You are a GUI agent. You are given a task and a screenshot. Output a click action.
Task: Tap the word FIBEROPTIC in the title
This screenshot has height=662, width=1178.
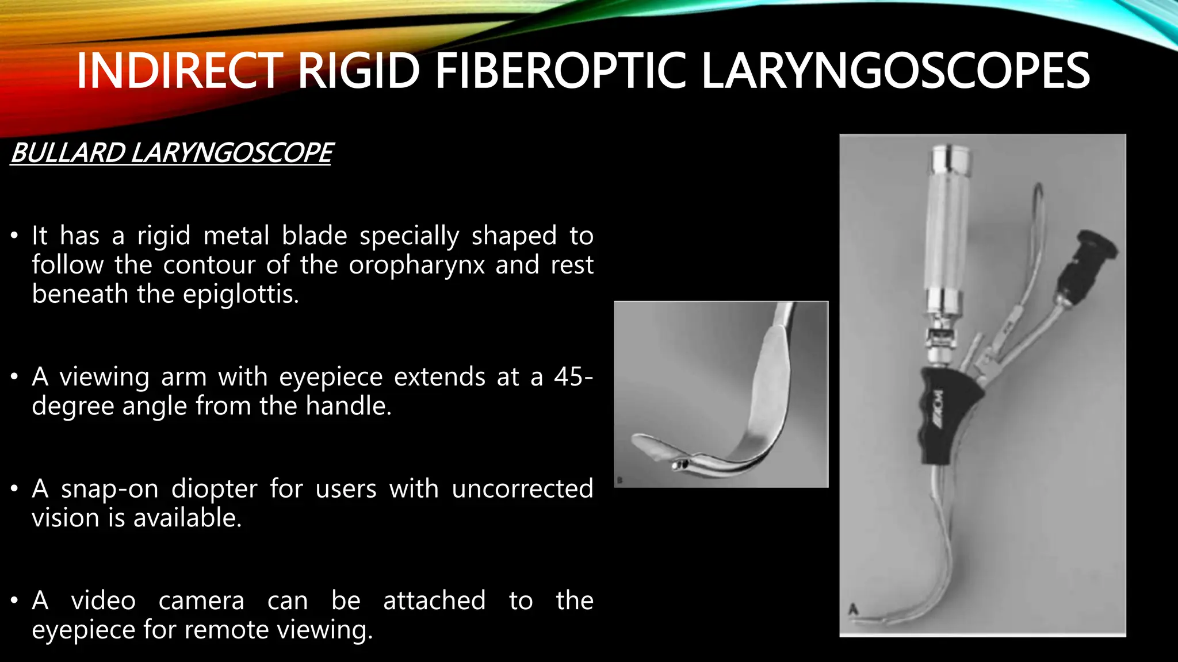tap(560, 71)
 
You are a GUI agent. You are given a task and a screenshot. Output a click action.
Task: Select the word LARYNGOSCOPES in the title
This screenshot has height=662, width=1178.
tap(895, 71)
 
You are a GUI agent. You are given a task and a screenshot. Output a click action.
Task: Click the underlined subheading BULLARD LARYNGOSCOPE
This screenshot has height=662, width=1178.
tap(171, 153)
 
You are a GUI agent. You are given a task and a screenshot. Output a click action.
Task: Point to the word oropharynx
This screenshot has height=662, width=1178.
tap(417, 265)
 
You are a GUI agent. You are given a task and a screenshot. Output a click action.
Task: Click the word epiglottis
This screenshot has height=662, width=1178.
tap(240, 294)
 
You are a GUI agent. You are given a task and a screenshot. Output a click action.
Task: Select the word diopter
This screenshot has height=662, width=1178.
tap(215, 489)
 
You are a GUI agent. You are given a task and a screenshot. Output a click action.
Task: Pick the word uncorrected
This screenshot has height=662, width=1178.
tap(522, 489)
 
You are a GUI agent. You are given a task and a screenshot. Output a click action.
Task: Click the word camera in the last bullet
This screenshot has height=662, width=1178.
tap(201, 601)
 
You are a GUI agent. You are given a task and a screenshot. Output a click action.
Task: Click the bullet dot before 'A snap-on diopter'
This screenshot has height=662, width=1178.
tap(14, 489)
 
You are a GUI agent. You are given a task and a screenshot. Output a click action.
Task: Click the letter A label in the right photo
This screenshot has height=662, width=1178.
tap(854, 609)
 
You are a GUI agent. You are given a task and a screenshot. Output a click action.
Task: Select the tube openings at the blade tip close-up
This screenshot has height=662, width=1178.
tap(680, 465)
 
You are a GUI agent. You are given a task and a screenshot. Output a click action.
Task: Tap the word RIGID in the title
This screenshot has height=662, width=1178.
tap(359, 71)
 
